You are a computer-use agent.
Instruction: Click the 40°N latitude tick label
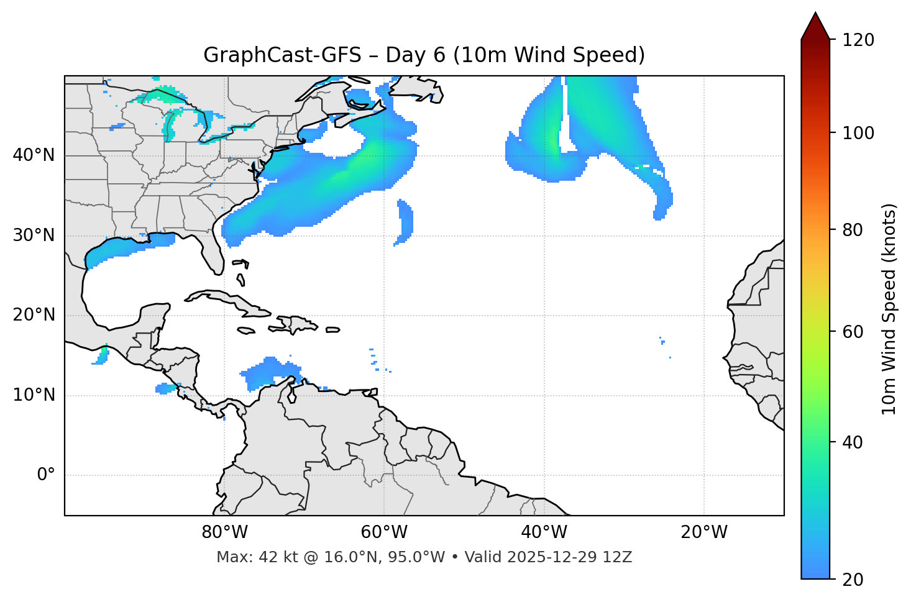pyautogui.click(x=34, y=155)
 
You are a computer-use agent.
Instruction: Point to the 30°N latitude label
pyautogui.click(x=34, y=235)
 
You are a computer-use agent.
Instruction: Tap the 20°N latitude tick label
pyautogui.click(x=34, y=315)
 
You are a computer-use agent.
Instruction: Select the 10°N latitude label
pyautogui.click(x=34, y=395)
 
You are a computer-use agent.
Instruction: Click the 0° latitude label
pyautogui.click(x=46, y=475)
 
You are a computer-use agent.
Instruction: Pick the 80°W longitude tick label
pyautogui.click(x=224, y=532)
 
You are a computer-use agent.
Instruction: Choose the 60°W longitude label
pyautogui.click(x=384, y=532)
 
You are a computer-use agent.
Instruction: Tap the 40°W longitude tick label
pyautogui.click(x=544, y=532)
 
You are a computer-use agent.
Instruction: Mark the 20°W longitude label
pyautogui.click(x=704, y=532)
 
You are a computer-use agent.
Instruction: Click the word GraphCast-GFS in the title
pyautogui.click(x=282, y=55)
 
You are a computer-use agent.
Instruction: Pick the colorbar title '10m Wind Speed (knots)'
pyautogui.click(x=890, y=309)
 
